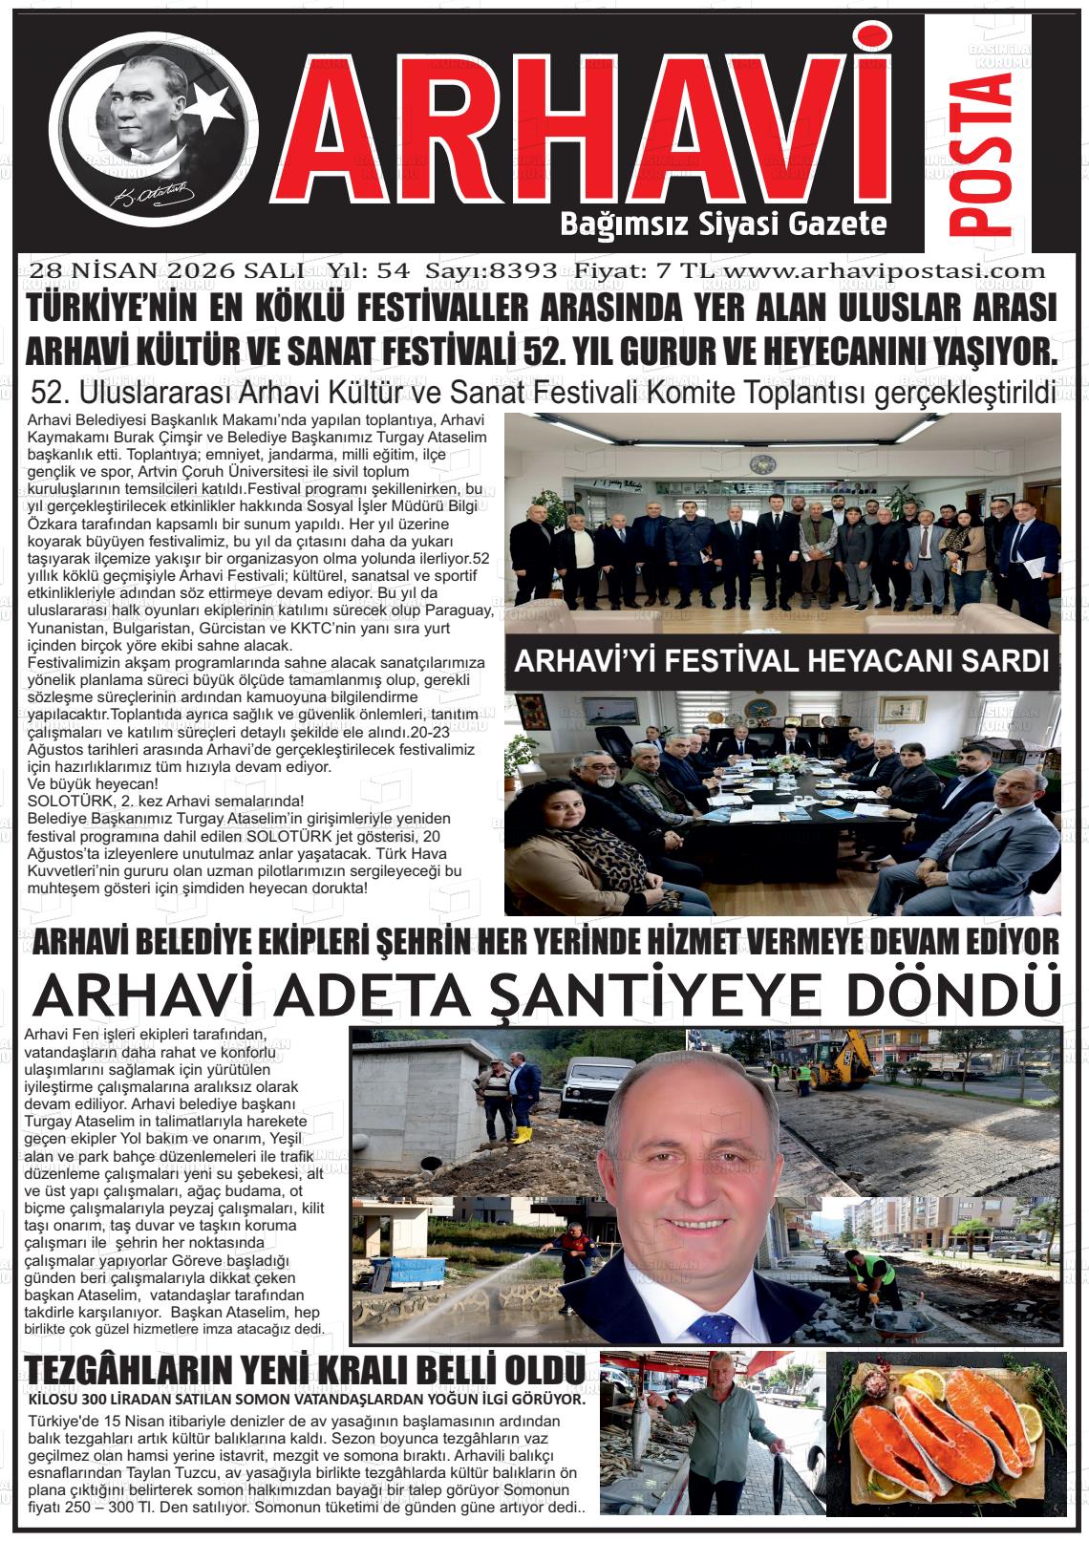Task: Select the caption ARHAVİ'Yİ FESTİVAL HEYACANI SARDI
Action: point(781,661)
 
